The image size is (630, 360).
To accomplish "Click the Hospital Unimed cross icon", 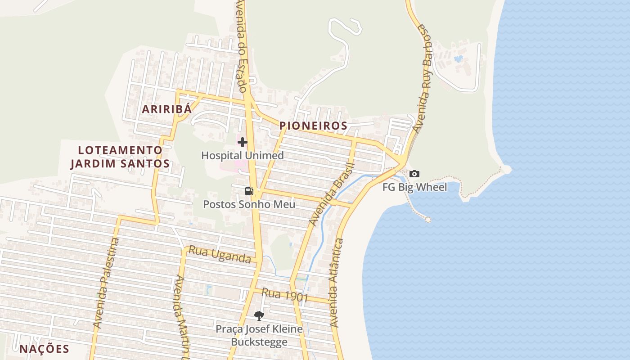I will pyautogui.click(x=243, y=142).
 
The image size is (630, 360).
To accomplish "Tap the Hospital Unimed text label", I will pyautogui.click(x=243, y=156).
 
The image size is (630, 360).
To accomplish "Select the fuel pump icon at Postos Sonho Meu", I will pyautogui.click(x=249, y=191).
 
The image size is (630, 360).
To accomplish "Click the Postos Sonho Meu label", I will pyautogui.click(x=249, y=204).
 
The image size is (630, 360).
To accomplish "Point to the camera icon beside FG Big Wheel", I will pyautogui.click(x=414, y=174).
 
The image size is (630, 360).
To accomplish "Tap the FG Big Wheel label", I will pyautogui.click(x=415, y=187).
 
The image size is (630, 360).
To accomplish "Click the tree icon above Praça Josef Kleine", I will pyautogui.click(x=259, y=316).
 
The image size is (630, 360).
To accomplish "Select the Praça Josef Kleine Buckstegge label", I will pyautogui.click(x=259, y=336).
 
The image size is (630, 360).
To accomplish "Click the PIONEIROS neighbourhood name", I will pyautogui.click(x=313, y=126).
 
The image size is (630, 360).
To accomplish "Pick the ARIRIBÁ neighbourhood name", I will pyautogui.click(x=167, y=109).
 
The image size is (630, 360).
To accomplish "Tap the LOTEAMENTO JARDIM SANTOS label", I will pyautogui.click(x=120, y=157).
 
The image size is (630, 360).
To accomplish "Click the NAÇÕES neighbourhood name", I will pyautogui.click(x=44, y=348).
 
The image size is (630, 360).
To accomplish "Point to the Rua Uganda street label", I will pyautogui.click(x=220, y=255).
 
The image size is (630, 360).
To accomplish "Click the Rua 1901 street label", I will pyautogui.click(x=285, y=295).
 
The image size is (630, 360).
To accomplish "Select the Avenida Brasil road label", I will pyautogui.click(x=332, y=195).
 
